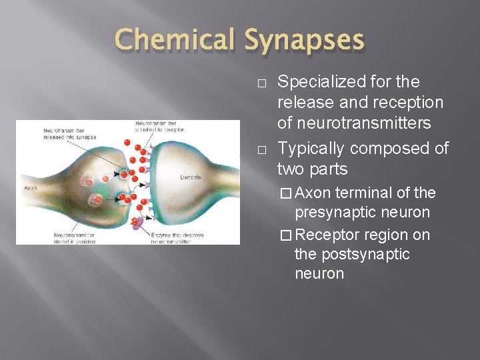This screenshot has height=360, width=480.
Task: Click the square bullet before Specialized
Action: tap(261, 83)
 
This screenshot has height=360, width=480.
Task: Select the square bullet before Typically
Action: tap(261, 149)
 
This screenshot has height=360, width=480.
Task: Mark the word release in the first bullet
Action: tap(301, 103)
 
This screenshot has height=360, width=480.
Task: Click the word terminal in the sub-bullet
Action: tap(363, 193)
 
